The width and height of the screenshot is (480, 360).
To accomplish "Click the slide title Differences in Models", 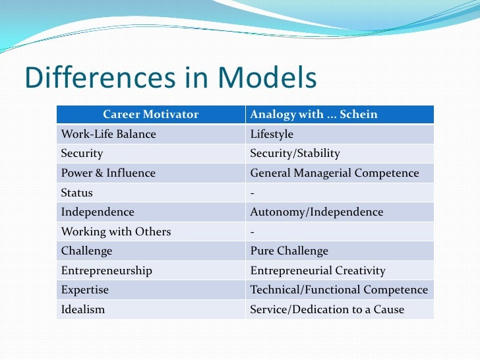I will [x=170, y=78].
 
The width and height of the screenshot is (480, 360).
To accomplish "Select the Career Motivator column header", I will [x=150, y=114].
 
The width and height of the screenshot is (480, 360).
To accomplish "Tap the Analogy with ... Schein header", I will [x=314, y=114].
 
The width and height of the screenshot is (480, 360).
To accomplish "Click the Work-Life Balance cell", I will [x=109, y=134].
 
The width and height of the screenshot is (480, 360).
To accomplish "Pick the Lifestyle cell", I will [x=272, y=134].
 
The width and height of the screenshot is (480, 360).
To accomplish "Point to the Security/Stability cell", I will [x=295, y=154].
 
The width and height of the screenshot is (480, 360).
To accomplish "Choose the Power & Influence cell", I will [x=108, y=173].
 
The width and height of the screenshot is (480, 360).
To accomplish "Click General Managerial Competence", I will [x=334, y=173].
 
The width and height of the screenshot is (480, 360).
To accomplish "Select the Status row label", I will [x=77, y=193].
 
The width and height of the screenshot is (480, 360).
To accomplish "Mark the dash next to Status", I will [x=253, y=193].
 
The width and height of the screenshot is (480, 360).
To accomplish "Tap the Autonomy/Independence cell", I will [x=316, y=212].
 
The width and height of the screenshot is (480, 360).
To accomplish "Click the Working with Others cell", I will [x=116, y=231].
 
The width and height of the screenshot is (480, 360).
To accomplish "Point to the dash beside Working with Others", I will [x=253, y=231].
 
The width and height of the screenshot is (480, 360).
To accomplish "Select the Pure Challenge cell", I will [x=289, y=251].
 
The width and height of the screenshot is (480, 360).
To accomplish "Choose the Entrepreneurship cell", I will [x=107, y=271].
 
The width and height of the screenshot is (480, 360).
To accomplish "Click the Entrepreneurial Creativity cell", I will [x=318, y=271].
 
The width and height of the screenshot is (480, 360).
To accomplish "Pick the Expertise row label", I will [x=85, y=290].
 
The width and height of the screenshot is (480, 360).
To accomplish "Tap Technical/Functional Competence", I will [x=339, y=290].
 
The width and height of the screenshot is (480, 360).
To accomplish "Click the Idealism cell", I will [x=83, y=309].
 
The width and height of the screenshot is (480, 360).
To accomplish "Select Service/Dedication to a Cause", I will [x=327, y=309].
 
